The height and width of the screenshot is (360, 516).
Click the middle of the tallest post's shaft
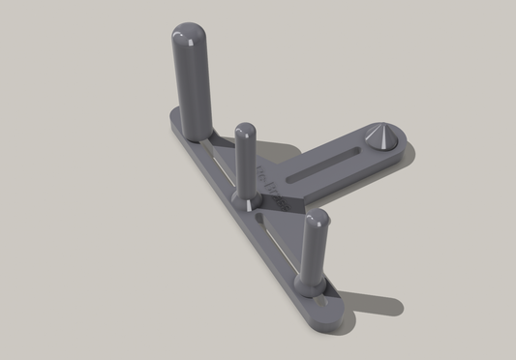(x=191, y=82)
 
